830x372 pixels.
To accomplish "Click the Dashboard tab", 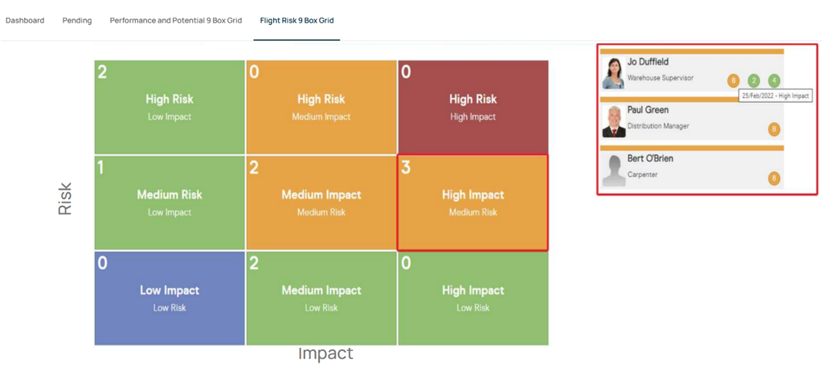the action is pyautogui.click(x=25, y=21).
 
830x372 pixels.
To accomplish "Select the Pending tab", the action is pyautogui.click(x=77, y=21).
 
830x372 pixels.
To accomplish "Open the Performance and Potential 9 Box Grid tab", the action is pyautogui.click(x=176, y=21).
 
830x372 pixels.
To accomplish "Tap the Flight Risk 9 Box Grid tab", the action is pyautogui.click(x=297, y=21).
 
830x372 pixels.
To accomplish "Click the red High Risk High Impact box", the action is pyautogui.click(x=472, y=107).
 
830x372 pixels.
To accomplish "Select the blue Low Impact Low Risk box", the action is pyautogui.click(x=170, y=298).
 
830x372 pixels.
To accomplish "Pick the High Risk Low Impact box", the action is pyautogui.click(x=170, y=107).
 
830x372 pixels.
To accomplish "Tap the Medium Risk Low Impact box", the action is pyautogui.click(x=170, y=202).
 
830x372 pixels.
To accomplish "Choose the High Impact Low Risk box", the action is pyautogui.click(x=472, y=298).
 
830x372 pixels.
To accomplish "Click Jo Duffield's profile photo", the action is pyautogui.click(x=614, y=73).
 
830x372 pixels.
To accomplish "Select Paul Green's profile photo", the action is pyautogui.click(x=614, y=121).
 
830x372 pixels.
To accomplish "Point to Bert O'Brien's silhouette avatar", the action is pyautogui.click(x=614, y=170).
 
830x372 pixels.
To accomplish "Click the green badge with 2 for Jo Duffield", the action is pyautogui.click(x=754, y=81).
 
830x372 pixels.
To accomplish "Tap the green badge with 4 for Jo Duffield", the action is pyautogui.click(x=774, y=81).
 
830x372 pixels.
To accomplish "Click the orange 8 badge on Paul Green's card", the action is pyautogui.click(x=774, y=129).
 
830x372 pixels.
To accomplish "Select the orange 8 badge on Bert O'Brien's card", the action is pyautogui.click(x=774, y=178).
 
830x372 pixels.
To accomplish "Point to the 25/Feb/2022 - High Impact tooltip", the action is pyautogui.click(x=775, y=96).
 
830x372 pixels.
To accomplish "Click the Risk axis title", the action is pyautogui.click(x=64, y=199).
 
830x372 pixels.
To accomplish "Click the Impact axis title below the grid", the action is pyautogui.click(x=325, y=354).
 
